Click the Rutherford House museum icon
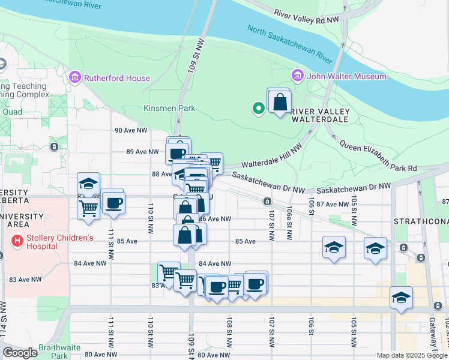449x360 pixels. [x=75, y=77]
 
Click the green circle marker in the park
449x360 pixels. [x=258, y=109]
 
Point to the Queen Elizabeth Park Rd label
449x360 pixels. [x=378, y=155]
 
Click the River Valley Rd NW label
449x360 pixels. [x=306, y=16]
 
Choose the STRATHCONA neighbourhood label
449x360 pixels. [x=420, y=221]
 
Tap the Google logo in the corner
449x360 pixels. [x=20, y=353]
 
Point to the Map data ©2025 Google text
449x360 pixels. [x=412, y=355]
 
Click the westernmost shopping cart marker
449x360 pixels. [x=88, y=209]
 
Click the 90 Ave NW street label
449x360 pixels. [x=130, y=130]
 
